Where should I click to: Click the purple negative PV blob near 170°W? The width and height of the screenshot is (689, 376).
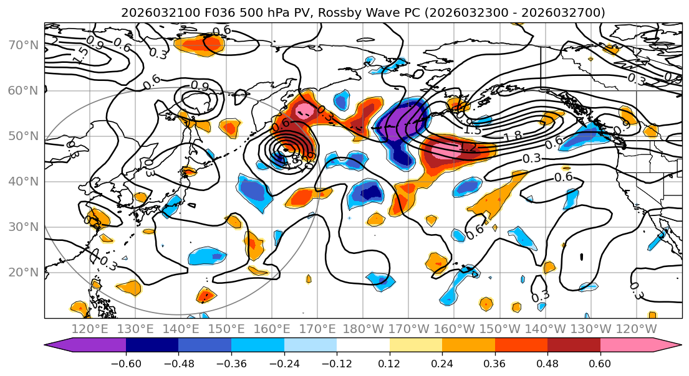(399, 121)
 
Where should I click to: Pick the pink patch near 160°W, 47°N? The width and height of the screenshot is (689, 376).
(444, 149)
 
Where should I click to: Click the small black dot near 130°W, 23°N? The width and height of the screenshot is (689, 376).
(582, 256)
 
